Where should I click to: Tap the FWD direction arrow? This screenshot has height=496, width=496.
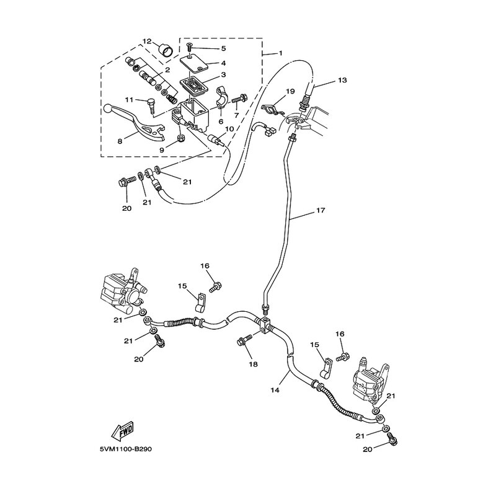point(123,431)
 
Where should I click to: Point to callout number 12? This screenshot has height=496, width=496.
point(146,41)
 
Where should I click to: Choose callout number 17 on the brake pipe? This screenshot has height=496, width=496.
point(321,210)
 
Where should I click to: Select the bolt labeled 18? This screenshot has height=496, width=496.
point(244,340)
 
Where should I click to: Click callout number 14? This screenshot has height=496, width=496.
point(275,390)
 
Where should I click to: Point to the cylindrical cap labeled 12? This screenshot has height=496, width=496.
point(166,50)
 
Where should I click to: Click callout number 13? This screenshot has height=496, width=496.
point(342,80)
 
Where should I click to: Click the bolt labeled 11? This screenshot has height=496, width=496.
point(151,106)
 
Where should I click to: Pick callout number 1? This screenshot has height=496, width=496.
point(280,53)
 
